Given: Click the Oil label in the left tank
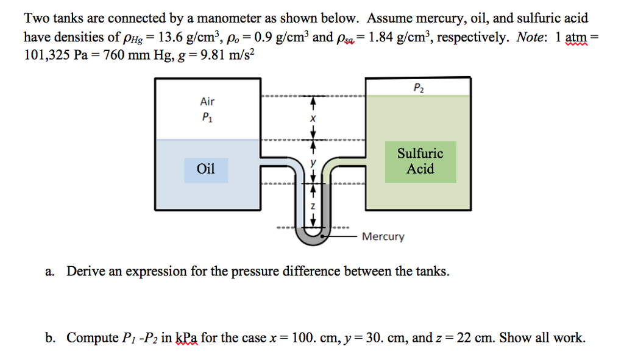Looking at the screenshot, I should tap(207, 169).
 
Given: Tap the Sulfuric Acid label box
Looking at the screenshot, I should tap(420, 161).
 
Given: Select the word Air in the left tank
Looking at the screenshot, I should tap(207, 102).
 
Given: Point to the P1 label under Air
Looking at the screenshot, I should tap(207, 118).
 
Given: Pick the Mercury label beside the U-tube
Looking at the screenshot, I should tap(383, 236).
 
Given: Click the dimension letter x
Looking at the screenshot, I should tap(313, 119).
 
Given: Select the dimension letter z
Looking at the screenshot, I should tap(313, 206).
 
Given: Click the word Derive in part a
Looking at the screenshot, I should tap(87, 271).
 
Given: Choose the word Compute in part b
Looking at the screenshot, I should tap(93, 337).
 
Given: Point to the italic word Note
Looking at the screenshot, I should tap(531, 37).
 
